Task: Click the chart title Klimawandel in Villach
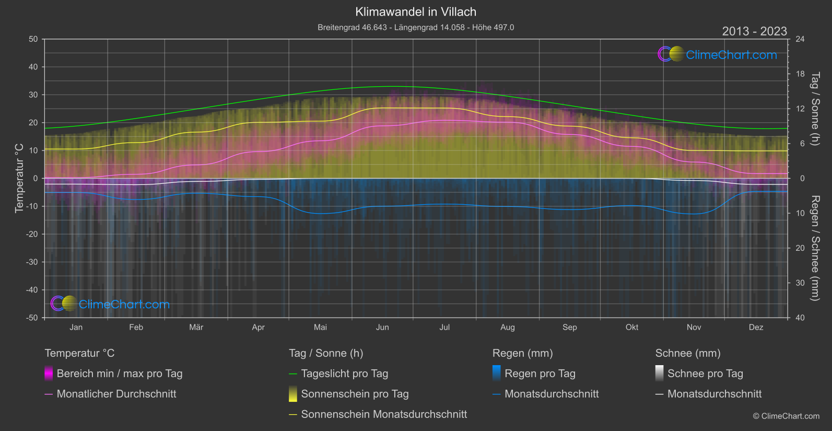coord(416,11)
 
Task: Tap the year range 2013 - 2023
coord(754,31)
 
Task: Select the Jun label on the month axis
coord(382,327)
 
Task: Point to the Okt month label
coord(631,327)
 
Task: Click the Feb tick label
coord(136,327)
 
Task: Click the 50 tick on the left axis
coord(33,39)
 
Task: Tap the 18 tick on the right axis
coord(800,74)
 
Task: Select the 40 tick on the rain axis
coord(800,318)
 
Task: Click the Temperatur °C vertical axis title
coord(19,178)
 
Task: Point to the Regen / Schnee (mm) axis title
coord(815,248)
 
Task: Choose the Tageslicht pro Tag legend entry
coord(344,374)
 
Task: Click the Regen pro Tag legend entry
coord(540,374)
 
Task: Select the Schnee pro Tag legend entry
coord(705,374)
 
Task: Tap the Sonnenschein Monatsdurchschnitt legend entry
coord(384,414)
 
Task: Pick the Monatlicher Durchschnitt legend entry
coord(116,394)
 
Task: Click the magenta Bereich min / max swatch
coord(49,374)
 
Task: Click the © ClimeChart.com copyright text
coord(786,416)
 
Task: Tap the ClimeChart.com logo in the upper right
coord(717,54)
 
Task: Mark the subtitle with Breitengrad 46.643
coord(416,27)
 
